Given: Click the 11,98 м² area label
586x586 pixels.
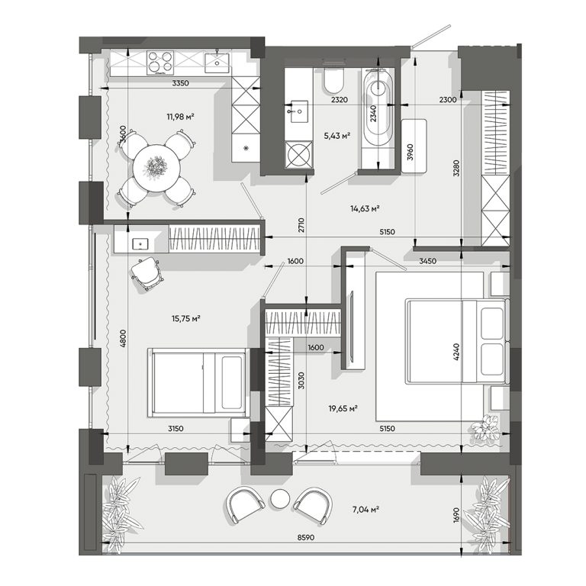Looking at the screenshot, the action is (x=181, y=117).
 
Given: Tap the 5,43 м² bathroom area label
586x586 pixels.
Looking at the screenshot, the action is (x=337, y=136).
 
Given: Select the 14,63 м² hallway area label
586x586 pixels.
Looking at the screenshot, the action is (x=365, y=208).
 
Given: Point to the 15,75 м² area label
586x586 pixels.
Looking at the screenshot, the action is (x=186, y=319).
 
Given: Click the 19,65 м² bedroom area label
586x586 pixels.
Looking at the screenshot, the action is (x=343, y=409).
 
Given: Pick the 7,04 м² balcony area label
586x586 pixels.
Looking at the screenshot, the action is (x=366, y=509).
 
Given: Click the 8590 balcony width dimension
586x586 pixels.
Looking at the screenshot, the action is (x=306, y=537).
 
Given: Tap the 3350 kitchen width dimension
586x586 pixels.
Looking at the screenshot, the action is (x=181, y=83).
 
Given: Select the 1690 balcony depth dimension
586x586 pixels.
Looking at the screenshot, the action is (x=456, y=514).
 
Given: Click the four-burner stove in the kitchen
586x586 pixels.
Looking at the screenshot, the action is (x=161, y=62).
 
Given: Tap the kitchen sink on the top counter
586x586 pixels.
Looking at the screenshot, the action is (x=217, y=63).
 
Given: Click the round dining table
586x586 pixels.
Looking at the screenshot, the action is (x=156, y=168).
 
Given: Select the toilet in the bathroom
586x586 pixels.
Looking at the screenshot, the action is (x=333, y=79).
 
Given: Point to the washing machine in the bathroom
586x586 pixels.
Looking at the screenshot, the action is (x=298, y=155).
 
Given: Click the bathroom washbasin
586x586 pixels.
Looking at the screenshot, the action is (x=298, y=111).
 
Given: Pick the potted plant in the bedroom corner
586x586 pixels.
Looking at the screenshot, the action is (x=485, y=428).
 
